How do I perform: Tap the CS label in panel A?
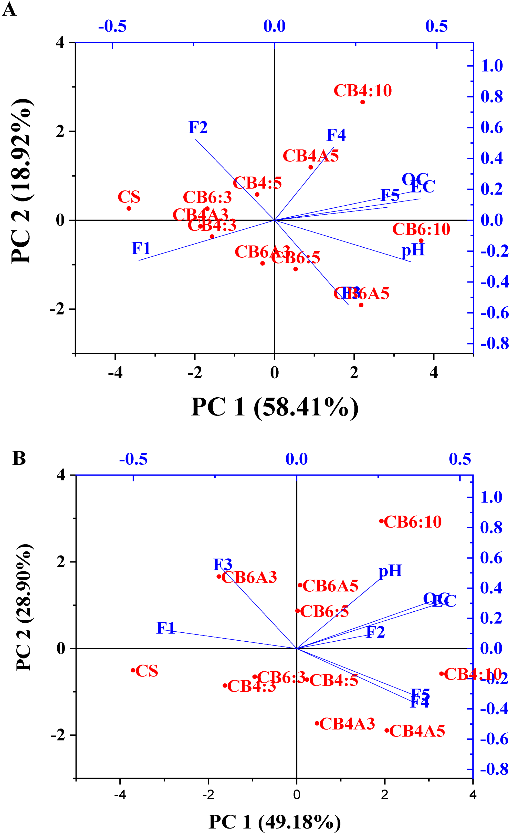(129, 197)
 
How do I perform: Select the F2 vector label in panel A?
(198, 128)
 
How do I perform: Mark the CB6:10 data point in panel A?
(421, 241)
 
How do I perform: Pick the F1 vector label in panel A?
(141, 248)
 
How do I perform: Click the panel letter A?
(9, 9)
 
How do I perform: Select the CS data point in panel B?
(133, 670)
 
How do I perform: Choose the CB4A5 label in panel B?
(417, 731)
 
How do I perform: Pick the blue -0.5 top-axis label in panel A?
(112, 26)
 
